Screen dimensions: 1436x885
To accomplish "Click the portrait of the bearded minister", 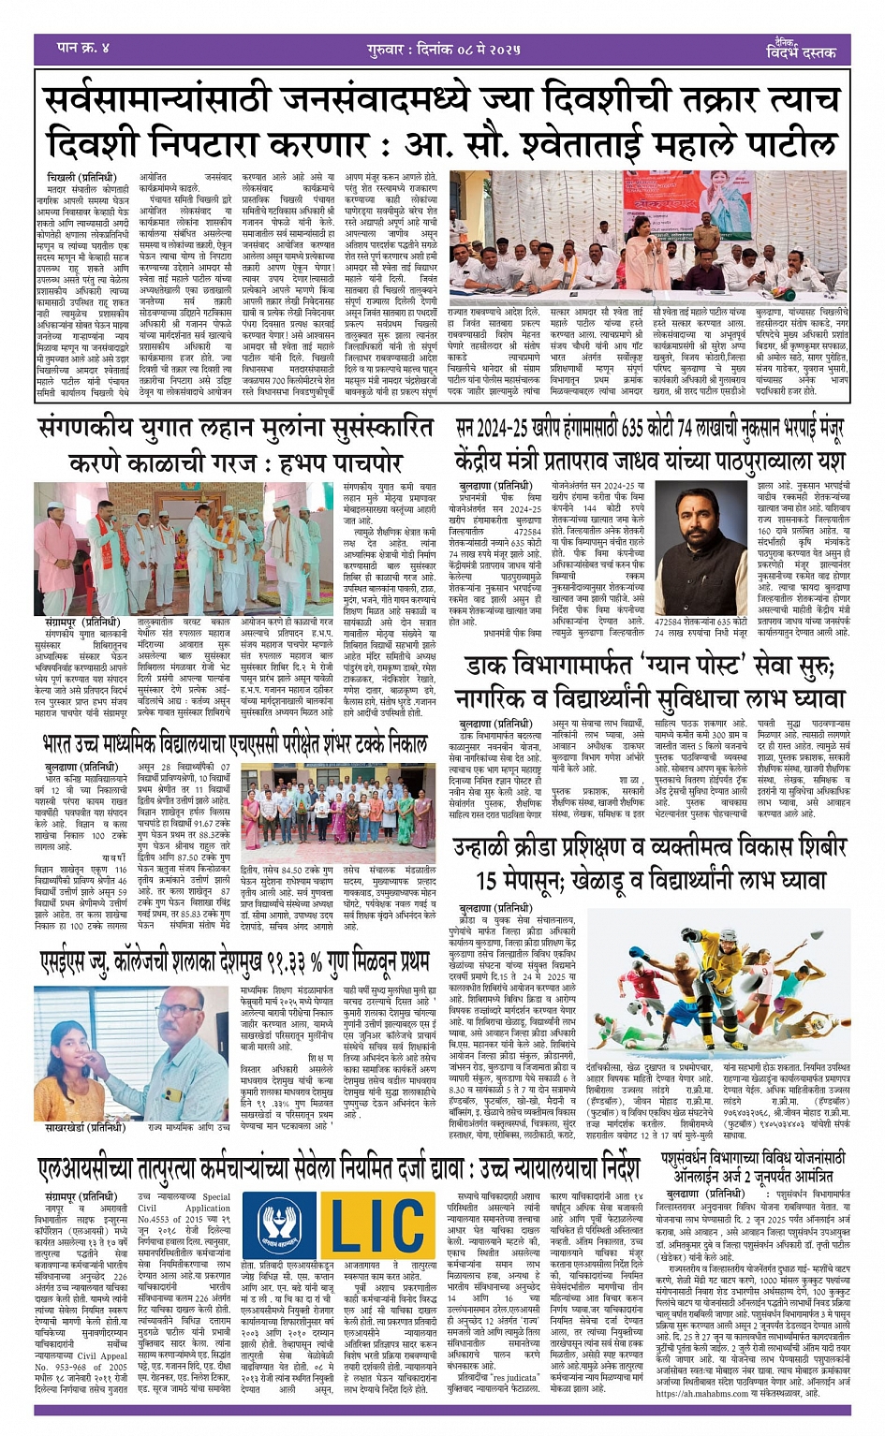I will tap(701, 543).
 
